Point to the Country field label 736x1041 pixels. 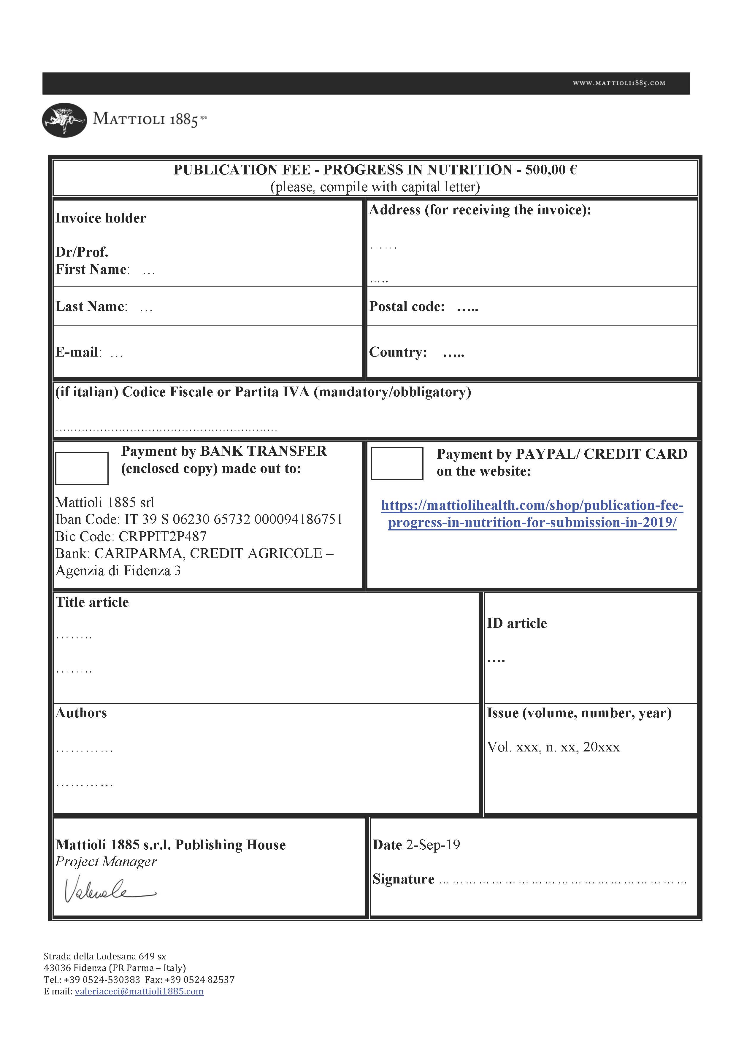pos(398,352)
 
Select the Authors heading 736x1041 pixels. pos(81,713)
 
